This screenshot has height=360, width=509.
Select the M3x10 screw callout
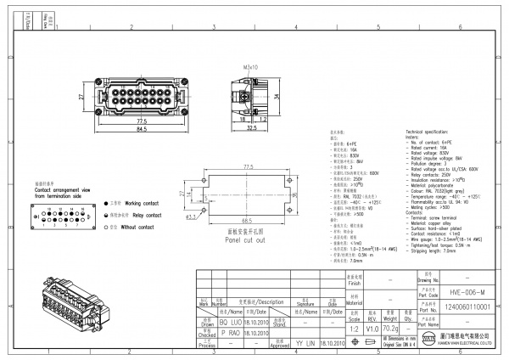point(250,65)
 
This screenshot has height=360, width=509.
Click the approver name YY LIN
point(302,344)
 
